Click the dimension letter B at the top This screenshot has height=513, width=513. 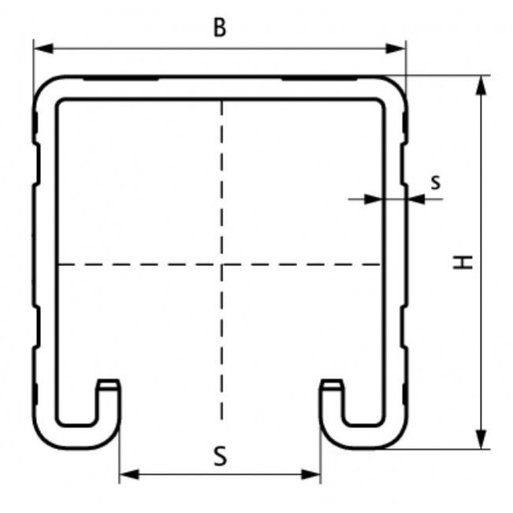[219, 28]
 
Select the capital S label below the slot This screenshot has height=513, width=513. [220, 456]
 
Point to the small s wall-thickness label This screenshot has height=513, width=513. [436, 182]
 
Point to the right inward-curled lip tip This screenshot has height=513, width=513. [332, 385]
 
